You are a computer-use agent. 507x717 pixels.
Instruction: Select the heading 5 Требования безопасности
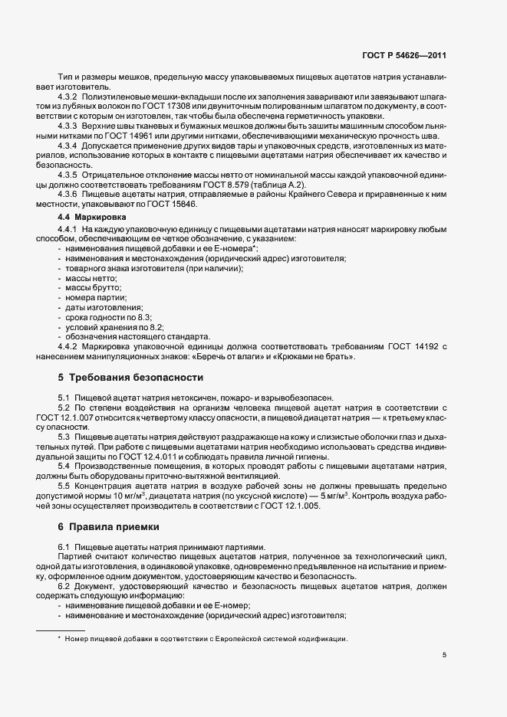point(130,378)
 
